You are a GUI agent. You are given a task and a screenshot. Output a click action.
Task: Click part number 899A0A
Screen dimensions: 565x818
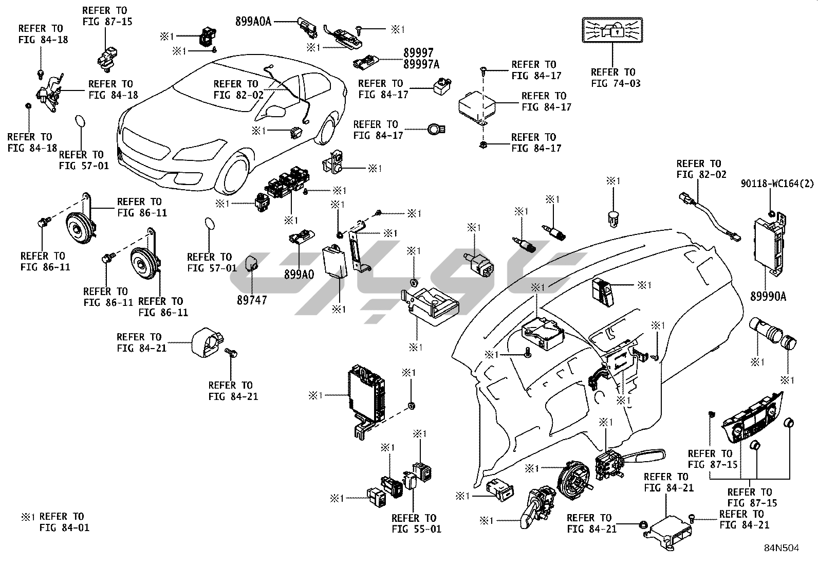[253, 21]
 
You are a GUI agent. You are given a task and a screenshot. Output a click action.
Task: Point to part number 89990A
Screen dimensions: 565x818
[768, 296]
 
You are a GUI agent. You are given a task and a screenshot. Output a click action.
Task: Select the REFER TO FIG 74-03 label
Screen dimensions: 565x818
[612, 78]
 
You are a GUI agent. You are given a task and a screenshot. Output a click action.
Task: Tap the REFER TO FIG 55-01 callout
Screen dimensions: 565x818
[414, 523]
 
